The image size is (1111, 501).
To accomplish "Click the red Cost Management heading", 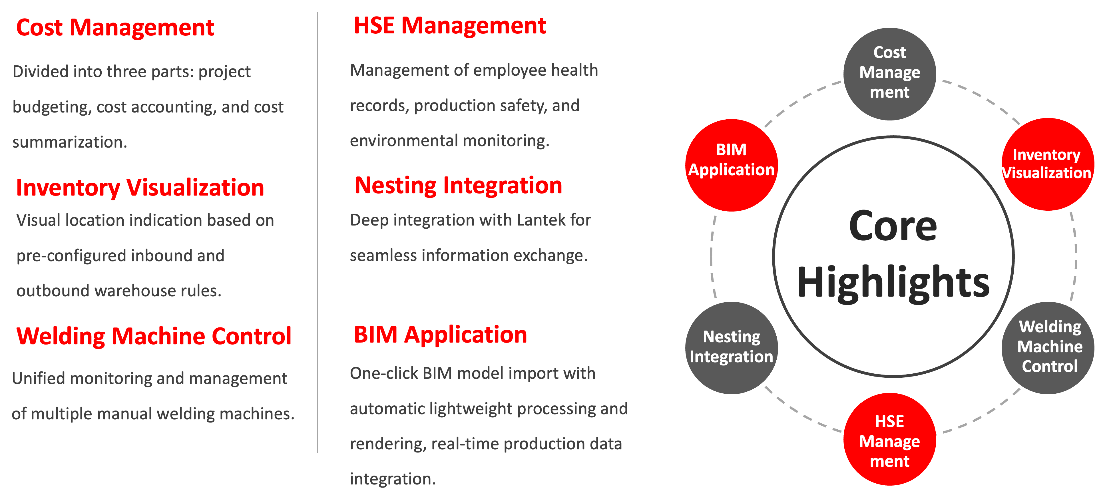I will (x=115, y=28).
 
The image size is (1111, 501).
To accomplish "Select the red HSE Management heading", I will (x=450, y=26).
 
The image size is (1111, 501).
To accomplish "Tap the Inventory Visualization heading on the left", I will (x=140, y=188).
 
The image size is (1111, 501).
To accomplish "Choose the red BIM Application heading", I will (x=440, y=335).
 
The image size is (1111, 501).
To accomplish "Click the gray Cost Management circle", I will (x=889, y=74).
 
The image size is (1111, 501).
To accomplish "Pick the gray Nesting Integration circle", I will (x=732, y=347).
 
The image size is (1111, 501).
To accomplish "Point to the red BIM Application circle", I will (x=732, y=165).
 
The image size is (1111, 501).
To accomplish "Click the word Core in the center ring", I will (x=893, y=226).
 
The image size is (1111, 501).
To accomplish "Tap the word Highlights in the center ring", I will (x=893, y=282).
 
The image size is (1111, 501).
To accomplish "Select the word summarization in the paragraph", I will (x=69, y=142).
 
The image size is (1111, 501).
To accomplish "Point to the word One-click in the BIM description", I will (x=383, y=373).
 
